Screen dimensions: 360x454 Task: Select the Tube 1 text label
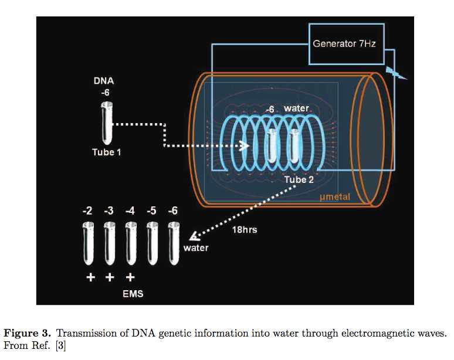click(106, 152)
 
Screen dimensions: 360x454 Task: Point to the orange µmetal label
click(335, 197)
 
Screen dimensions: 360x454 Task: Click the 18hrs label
click(243, 230)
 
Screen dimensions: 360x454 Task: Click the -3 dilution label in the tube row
click(109, 210)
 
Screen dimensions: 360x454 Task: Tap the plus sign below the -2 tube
click(90, 277)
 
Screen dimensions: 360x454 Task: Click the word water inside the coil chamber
click(296, 108)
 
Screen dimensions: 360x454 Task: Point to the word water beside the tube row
click(196, 247)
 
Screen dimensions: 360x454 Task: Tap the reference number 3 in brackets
click(61, 346)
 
